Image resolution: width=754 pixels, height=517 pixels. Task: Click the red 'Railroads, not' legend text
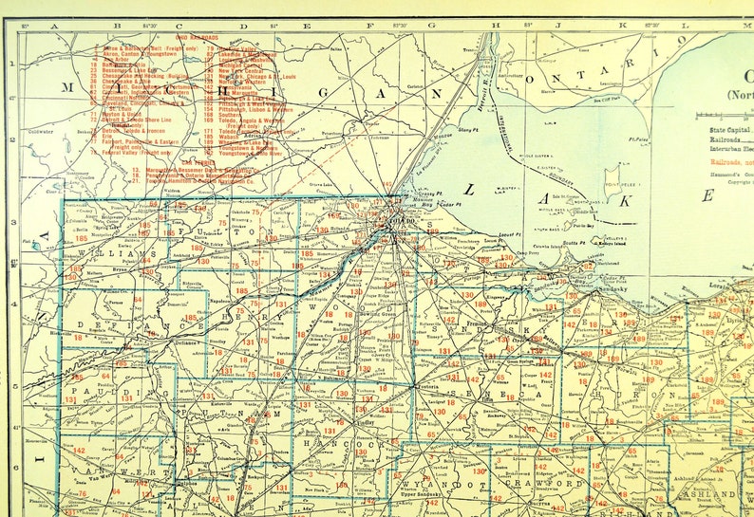coord(724,162)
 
